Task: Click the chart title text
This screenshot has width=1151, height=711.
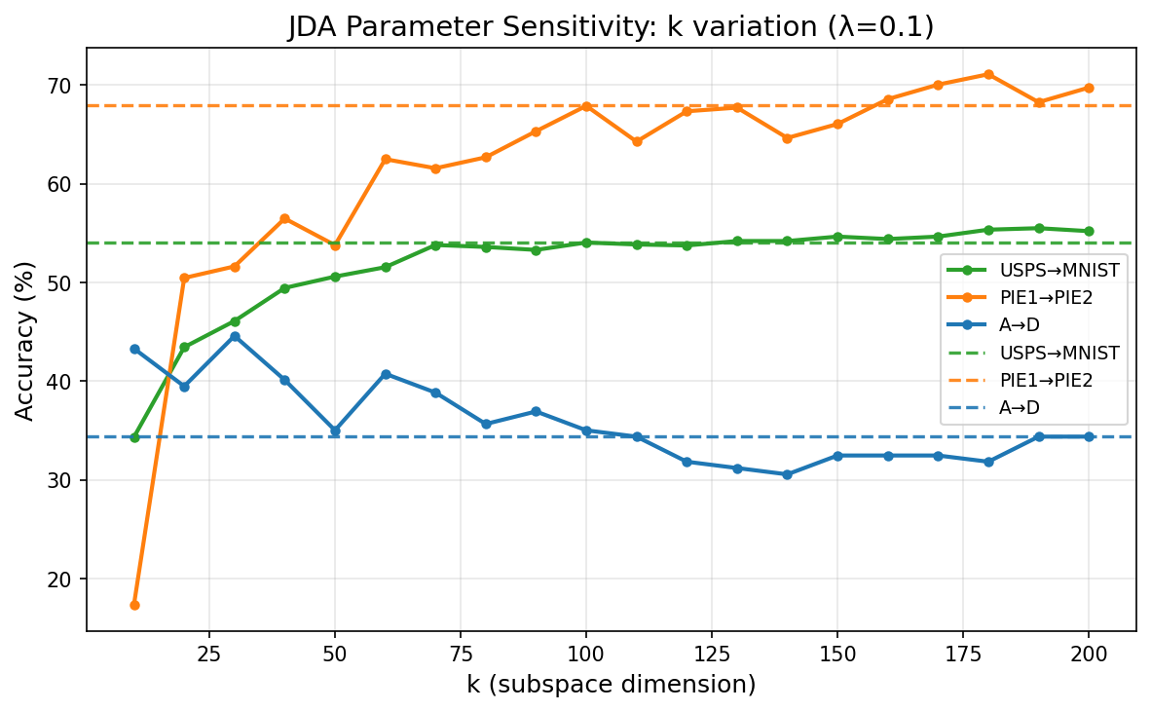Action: (x=611, y=27)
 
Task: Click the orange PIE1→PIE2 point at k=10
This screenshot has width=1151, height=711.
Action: (x=134, y=605)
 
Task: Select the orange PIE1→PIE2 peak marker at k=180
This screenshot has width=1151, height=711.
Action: (x=988, y=74)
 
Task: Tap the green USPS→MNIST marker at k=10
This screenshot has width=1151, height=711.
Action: (x=134, y=437)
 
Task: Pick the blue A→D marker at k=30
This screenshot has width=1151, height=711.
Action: (x=235, y=336)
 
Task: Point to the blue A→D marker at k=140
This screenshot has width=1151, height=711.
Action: (x=787, y=474)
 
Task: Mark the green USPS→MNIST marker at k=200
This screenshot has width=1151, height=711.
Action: (x=1089, y=231)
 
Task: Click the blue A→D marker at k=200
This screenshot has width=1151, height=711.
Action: (x=1089, y=436)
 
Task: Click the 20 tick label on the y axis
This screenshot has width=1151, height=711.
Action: (x=64, y=580)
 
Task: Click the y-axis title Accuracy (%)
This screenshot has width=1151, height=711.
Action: (x=25, y=340)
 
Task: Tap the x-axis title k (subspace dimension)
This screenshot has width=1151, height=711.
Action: (x=611, y=685)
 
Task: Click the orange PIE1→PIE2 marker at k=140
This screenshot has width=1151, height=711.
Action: (x=787, y=138)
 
